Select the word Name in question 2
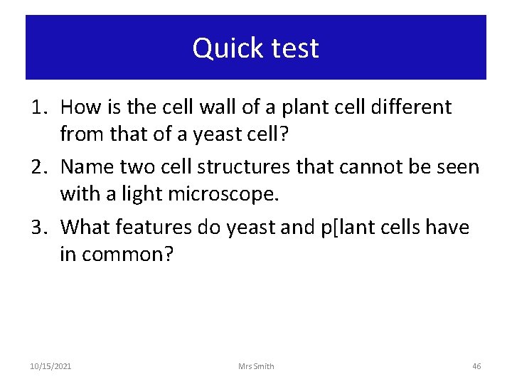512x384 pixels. click(85, 167)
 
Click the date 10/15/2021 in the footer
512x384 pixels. click(50, 366)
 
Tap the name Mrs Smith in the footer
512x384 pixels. click(256, 366)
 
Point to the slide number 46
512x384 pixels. click(476, 366)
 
